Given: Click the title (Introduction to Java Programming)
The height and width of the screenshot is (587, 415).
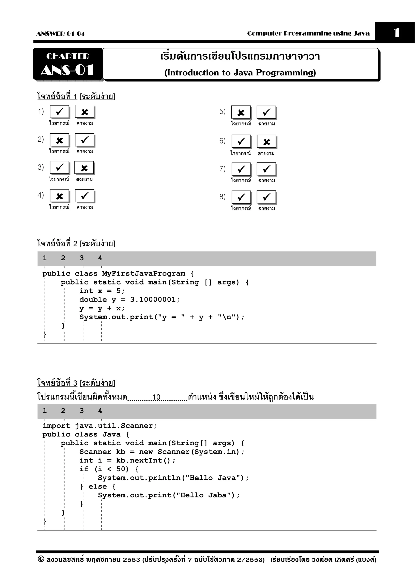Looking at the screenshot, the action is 240,73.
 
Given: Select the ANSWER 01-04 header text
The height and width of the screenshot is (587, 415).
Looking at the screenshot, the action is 60,33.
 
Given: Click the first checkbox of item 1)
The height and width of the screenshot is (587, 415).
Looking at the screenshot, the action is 59,111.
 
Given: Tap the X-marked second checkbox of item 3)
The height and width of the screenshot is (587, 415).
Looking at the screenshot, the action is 84,168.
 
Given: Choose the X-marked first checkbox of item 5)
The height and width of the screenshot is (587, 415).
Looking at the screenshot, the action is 241,112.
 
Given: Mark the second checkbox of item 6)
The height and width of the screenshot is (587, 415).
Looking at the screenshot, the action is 266,142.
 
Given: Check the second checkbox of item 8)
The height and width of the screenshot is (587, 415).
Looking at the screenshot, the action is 266,197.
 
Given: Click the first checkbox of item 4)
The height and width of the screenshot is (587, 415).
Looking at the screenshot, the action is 59,196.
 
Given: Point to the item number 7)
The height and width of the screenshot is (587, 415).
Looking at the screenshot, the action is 222,169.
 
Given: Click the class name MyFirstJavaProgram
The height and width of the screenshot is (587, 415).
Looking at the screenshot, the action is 144,274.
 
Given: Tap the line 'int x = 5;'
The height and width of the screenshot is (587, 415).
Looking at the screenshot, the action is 102,291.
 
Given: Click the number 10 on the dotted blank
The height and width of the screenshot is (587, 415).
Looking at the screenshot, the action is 156,397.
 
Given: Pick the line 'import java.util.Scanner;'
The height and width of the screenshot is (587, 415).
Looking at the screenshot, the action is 100,426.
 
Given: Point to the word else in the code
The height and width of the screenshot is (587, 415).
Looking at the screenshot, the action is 97,486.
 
